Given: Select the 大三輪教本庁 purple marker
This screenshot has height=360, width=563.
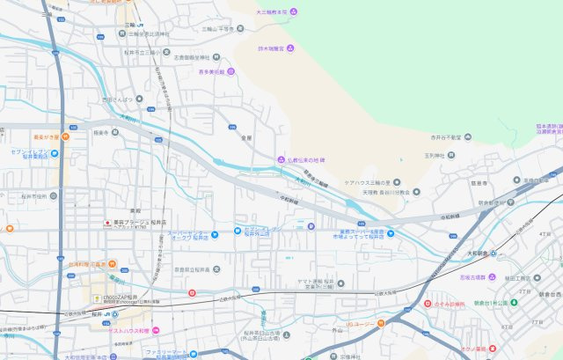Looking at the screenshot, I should pos(294,11).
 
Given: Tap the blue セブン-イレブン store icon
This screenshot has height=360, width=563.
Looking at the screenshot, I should pos(55,153).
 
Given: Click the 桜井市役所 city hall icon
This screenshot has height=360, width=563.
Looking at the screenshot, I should pos(54,195).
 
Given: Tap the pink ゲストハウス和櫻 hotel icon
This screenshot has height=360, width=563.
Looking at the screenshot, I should pos(156,329).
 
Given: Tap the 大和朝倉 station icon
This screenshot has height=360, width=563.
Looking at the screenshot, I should pos(493,253).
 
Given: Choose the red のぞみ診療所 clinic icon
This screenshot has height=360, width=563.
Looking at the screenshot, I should pos(428,302).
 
